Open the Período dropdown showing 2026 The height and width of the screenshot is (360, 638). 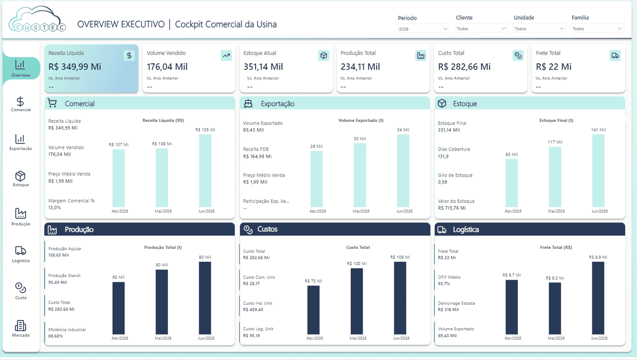point(423,29)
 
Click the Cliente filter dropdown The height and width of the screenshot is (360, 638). point(481,29)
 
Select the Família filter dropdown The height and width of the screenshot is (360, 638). point(597,29)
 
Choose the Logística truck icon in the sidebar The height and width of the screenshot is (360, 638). point(21,251)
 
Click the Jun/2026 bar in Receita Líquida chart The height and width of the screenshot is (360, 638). point(205,171)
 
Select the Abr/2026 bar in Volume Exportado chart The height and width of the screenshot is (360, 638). point(316,179)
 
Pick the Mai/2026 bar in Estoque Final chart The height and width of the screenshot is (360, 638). point(555,177)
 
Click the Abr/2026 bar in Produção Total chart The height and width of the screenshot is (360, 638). point(119,308)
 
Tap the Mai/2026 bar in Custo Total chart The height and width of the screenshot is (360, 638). point(357,302)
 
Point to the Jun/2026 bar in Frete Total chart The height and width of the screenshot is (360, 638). point(598,298)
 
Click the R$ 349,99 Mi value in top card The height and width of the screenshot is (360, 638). point(74,66)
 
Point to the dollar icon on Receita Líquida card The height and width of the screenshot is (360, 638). point(129,55)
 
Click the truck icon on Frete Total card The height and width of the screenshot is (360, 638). point(615,55)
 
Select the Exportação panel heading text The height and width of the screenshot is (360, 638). point(278,104)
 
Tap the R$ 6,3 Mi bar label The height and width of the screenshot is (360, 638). point(555,278)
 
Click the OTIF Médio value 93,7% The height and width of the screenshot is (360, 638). point(444,283)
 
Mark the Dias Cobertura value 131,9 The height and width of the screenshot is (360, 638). point(443,156)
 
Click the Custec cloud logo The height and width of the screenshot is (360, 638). point(37,19)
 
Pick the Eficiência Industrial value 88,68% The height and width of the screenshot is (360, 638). point(55,336)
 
